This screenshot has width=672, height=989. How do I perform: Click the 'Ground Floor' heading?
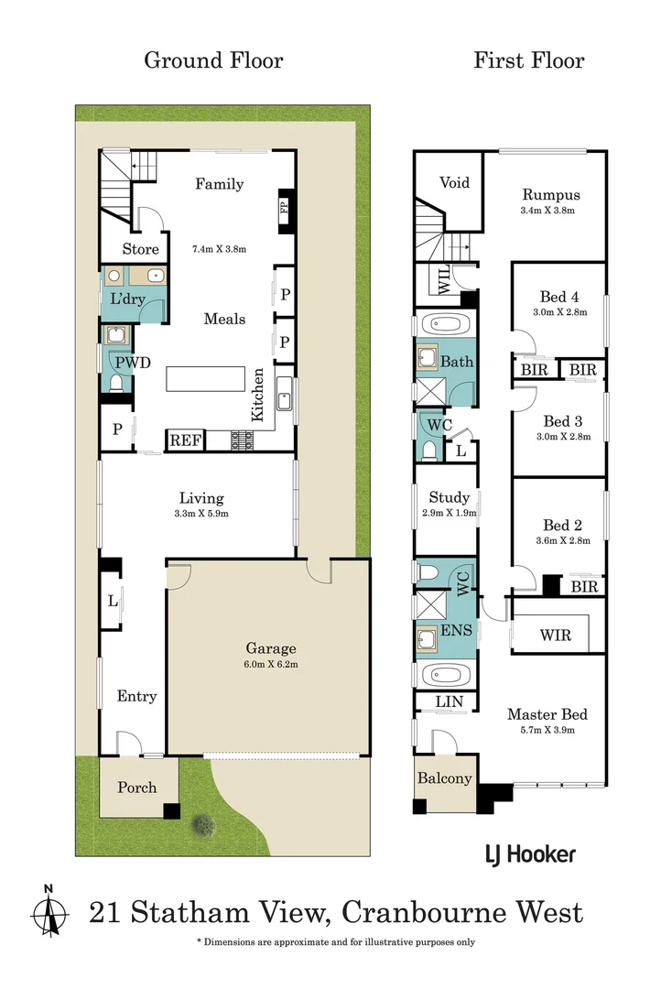click(x=213, y=60)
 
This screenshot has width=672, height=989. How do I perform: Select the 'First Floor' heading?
click(x=528, y=60)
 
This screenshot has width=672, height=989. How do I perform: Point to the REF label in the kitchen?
click(x=185, y=440)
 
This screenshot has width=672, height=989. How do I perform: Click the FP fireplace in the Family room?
click(x=283, y=206)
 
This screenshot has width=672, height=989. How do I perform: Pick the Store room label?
click(x=141, y=249)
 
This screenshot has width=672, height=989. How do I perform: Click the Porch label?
click(x=136, y=788)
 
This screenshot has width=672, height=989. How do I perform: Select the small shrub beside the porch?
click(x=204, y=825)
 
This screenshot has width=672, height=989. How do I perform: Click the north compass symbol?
click(x=49, y=911)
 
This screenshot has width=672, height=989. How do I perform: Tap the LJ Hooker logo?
click(x=529, y=854)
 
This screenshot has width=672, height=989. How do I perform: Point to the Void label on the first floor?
click(x=454, y=182)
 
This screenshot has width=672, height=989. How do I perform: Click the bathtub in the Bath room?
click(x=444, y=324)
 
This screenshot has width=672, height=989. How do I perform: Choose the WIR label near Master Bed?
click(x=556, y=634)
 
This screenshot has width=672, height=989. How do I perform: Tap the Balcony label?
click(x=444, y=778)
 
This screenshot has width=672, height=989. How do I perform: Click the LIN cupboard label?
click(x=449, y=702)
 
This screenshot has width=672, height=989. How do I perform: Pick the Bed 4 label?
click(x=559, y=297)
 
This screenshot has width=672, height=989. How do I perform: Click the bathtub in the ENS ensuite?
click(x=444, y=676)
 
